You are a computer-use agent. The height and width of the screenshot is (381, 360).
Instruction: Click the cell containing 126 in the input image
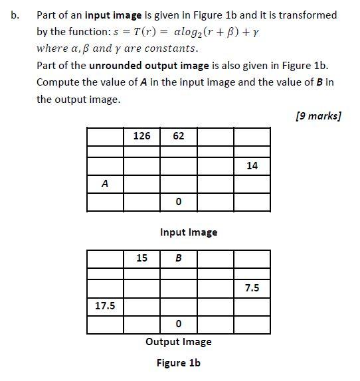(142, 136)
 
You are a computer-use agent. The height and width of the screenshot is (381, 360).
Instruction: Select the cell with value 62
(178, 136)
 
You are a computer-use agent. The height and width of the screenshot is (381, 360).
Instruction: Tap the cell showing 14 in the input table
(252, 166)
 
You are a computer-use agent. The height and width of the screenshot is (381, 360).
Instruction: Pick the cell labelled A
(105, 184)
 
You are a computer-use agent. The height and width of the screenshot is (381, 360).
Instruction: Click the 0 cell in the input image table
(178, 202)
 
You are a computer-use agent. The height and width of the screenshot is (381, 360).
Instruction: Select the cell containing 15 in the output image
(142, 258)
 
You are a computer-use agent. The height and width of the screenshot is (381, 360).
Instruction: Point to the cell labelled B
(178, 258)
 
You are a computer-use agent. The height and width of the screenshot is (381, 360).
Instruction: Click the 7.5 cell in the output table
(252, 288)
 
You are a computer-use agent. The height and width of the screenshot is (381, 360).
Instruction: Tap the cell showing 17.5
(105, 306)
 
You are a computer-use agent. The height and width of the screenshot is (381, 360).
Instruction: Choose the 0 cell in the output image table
(178, 324)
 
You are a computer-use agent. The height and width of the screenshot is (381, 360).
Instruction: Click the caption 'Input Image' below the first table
(189, 232)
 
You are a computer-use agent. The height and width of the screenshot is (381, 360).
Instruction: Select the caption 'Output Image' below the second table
(179, 342)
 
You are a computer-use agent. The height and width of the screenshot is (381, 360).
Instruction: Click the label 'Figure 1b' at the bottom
(179, 363)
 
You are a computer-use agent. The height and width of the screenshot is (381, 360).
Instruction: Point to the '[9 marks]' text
(317, 116)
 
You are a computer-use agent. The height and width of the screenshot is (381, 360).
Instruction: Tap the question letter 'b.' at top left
(15, 15)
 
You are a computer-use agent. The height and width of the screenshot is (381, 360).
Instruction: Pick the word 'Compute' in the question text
(58, 82)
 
